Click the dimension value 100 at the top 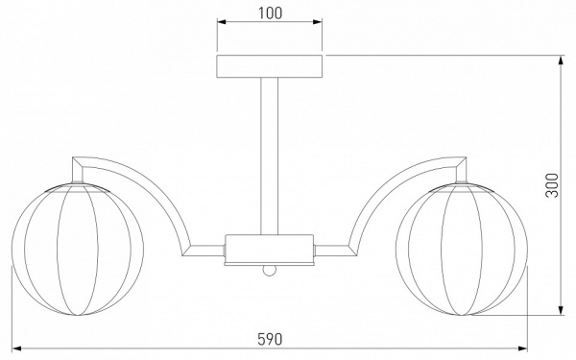point(270,13)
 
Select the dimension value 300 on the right point(551,185)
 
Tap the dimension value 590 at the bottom point(270,339)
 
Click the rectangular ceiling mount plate point(269,66)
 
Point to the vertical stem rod point(269,156)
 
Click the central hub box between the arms point(269,250)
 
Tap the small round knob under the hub point(269,271)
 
